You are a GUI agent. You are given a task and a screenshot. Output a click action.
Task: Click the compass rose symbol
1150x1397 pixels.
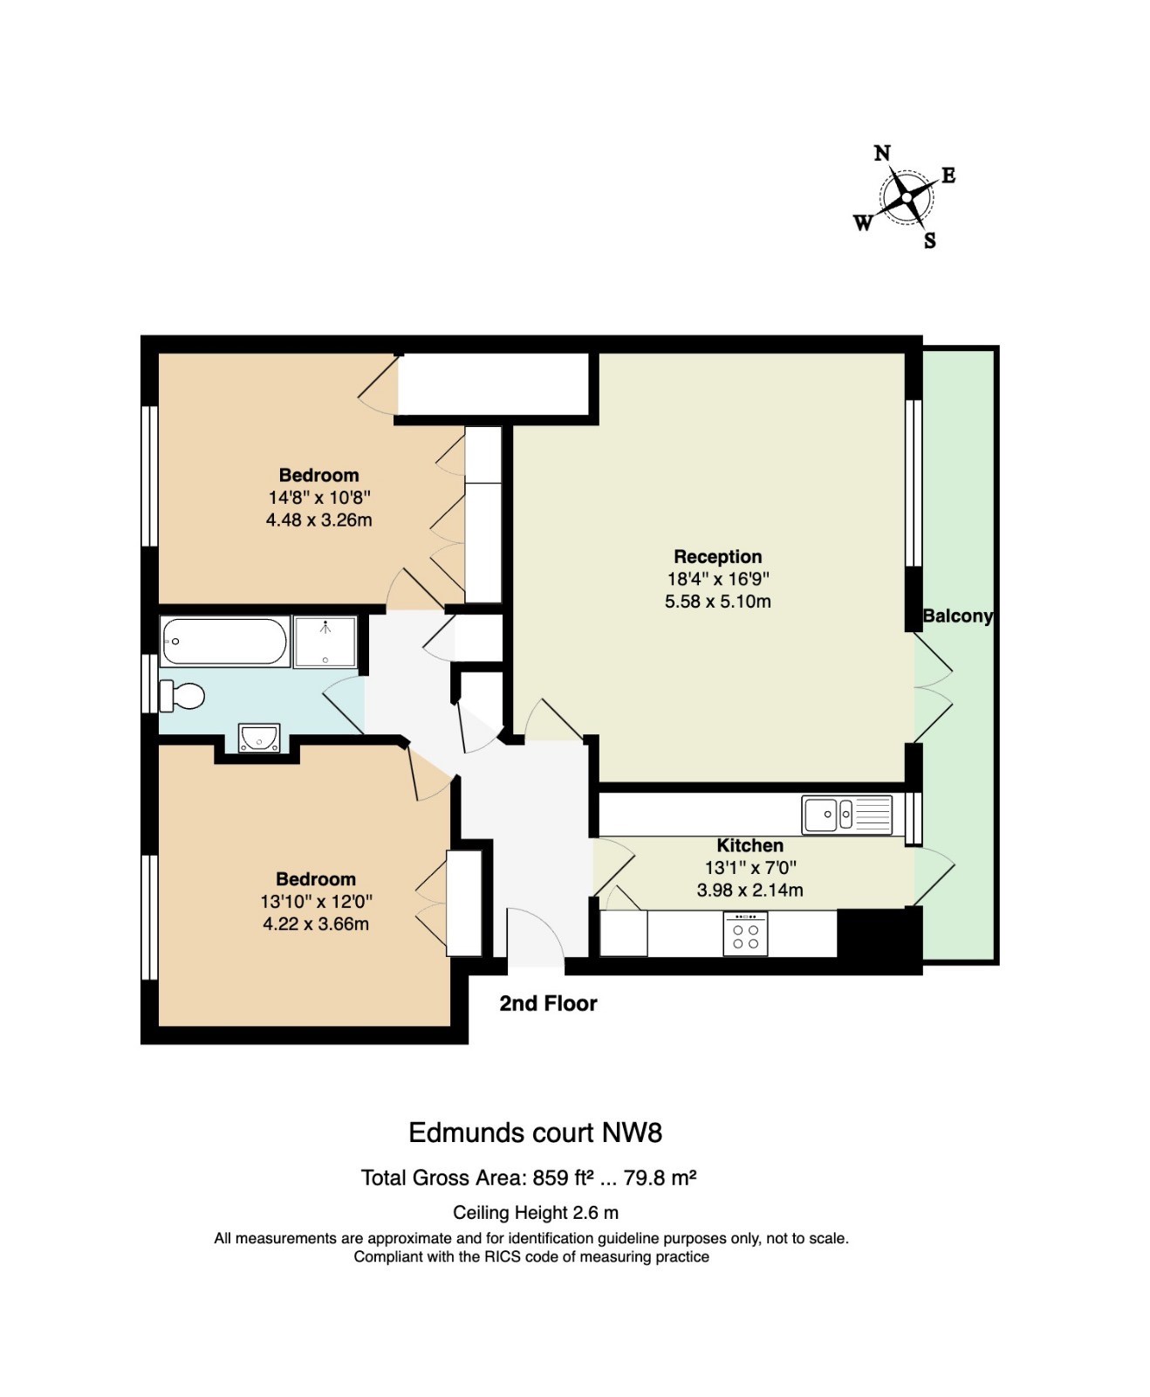(907, 197)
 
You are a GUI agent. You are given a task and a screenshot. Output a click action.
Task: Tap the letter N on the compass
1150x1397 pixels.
(882, 154)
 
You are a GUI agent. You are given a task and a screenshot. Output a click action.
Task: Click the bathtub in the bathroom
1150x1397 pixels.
(225, 641)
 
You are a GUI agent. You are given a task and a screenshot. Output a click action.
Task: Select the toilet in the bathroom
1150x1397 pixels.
(181, 696)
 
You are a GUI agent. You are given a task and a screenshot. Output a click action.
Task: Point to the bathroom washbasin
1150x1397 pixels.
(259, 738)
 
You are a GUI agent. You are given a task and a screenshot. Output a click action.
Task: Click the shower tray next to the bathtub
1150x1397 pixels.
(325, 642)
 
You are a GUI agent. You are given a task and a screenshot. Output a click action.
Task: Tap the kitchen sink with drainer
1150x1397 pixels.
(847, 815)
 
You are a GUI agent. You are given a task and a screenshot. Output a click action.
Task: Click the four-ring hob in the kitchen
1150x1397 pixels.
(745, 933)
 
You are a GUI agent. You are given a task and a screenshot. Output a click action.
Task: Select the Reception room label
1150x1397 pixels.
(717, 556)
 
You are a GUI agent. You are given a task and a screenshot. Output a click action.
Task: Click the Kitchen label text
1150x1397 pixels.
(750, 845)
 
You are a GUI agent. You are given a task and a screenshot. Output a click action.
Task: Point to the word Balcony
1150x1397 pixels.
(957, 616)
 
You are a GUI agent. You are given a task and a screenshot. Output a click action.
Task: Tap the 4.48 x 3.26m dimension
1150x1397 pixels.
(318, 520)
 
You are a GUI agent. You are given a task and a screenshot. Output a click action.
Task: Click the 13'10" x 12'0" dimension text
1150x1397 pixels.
(316, 901)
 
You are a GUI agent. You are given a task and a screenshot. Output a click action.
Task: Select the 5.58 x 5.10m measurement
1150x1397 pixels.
(717, 602)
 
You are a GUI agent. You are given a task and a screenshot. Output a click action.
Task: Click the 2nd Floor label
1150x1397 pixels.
(548, 1003)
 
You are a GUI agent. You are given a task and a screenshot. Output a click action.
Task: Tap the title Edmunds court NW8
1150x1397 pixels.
(535, 1132)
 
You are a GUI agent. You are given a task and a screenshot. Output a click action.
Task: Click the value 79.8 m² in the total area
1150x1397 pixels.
(660, 1178)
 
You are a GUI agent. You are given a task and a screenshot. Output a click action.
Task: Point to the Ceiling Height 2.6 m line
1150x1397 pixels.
(535, 1213)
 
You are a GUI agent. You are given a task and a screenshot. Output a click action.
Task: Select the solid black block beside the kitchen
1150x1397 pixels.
(879, 934)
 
